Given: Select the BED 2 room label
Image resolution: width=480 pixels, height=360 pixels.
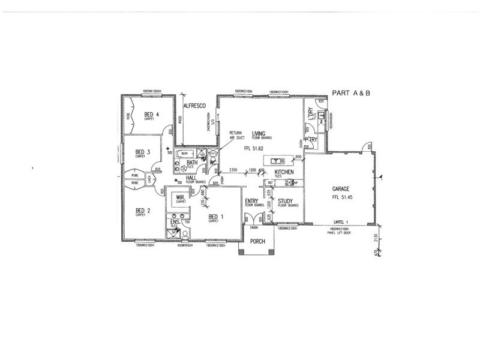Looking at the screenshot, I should pyautogui.click(x=141, y=210).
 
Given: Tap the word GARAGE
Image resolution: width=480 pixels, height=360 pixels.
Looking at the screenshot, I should pyautogui.click(x=341, y=189).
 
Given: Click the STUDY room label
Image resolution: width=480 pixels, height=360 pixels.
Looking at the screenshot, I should pyautogui.click(x=285, y=202).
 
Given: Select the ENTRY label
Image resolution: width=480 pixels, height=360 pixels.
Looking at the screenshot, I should pyautogui.click(x=251, y=202).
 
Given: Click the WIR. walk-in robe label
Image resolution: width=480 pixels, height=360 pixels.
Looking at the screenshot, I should pyautogui.click(x=180, y=196).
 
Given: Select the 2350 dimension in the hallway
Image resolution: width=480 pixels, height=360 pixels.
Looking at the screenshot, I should pyautogui.click(x=233, y=170).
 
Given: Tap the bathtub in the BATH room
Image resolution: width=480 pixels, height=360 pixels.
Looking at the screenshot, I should pyautogui.click(x=185, y=154).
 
